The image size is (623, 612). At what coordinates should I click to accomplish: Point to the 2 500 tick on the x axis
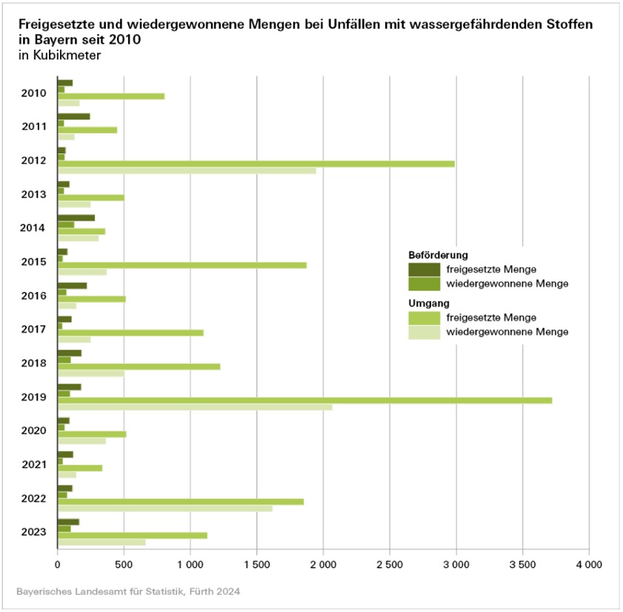(x=389, y=564)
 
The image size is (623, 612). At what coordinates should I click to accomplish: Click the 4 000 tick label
(x=589, y=564)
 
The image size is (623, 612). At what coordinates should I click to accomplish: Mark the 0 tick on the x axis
(x=57, y=564)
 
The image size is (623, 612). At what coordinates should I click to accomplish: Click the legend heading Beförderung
(x=438, y=255)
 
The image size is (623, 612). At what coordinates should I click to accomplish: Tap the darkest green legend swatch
(x=424, y=268)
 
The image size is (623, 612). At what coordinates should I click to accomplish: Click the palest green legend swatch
(x=424, y=332)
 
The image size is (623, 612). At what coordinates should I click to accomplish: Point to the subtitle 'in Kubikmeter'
(x=59, y=55)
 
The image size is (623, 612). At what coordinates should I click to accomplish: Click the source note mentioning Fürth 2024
(x=128, y=592)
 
